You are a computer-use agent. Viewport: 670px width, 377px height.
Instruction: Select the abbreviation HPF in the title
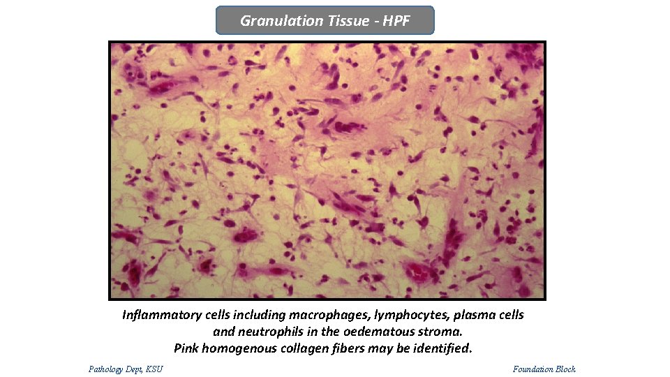click(396, 21)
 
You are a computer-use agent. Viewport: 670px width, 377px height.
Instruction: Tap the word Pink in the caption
click(187, 348)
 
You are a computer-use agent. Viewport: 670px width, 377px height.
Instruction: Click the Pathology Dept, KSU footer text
click(126, 369)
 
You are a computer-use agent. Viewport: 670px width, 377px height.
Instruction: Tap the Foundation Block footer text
click(544, 369)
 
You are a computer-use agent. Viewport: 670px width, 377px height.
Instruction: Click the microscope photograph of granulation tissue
click(327, 170)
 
